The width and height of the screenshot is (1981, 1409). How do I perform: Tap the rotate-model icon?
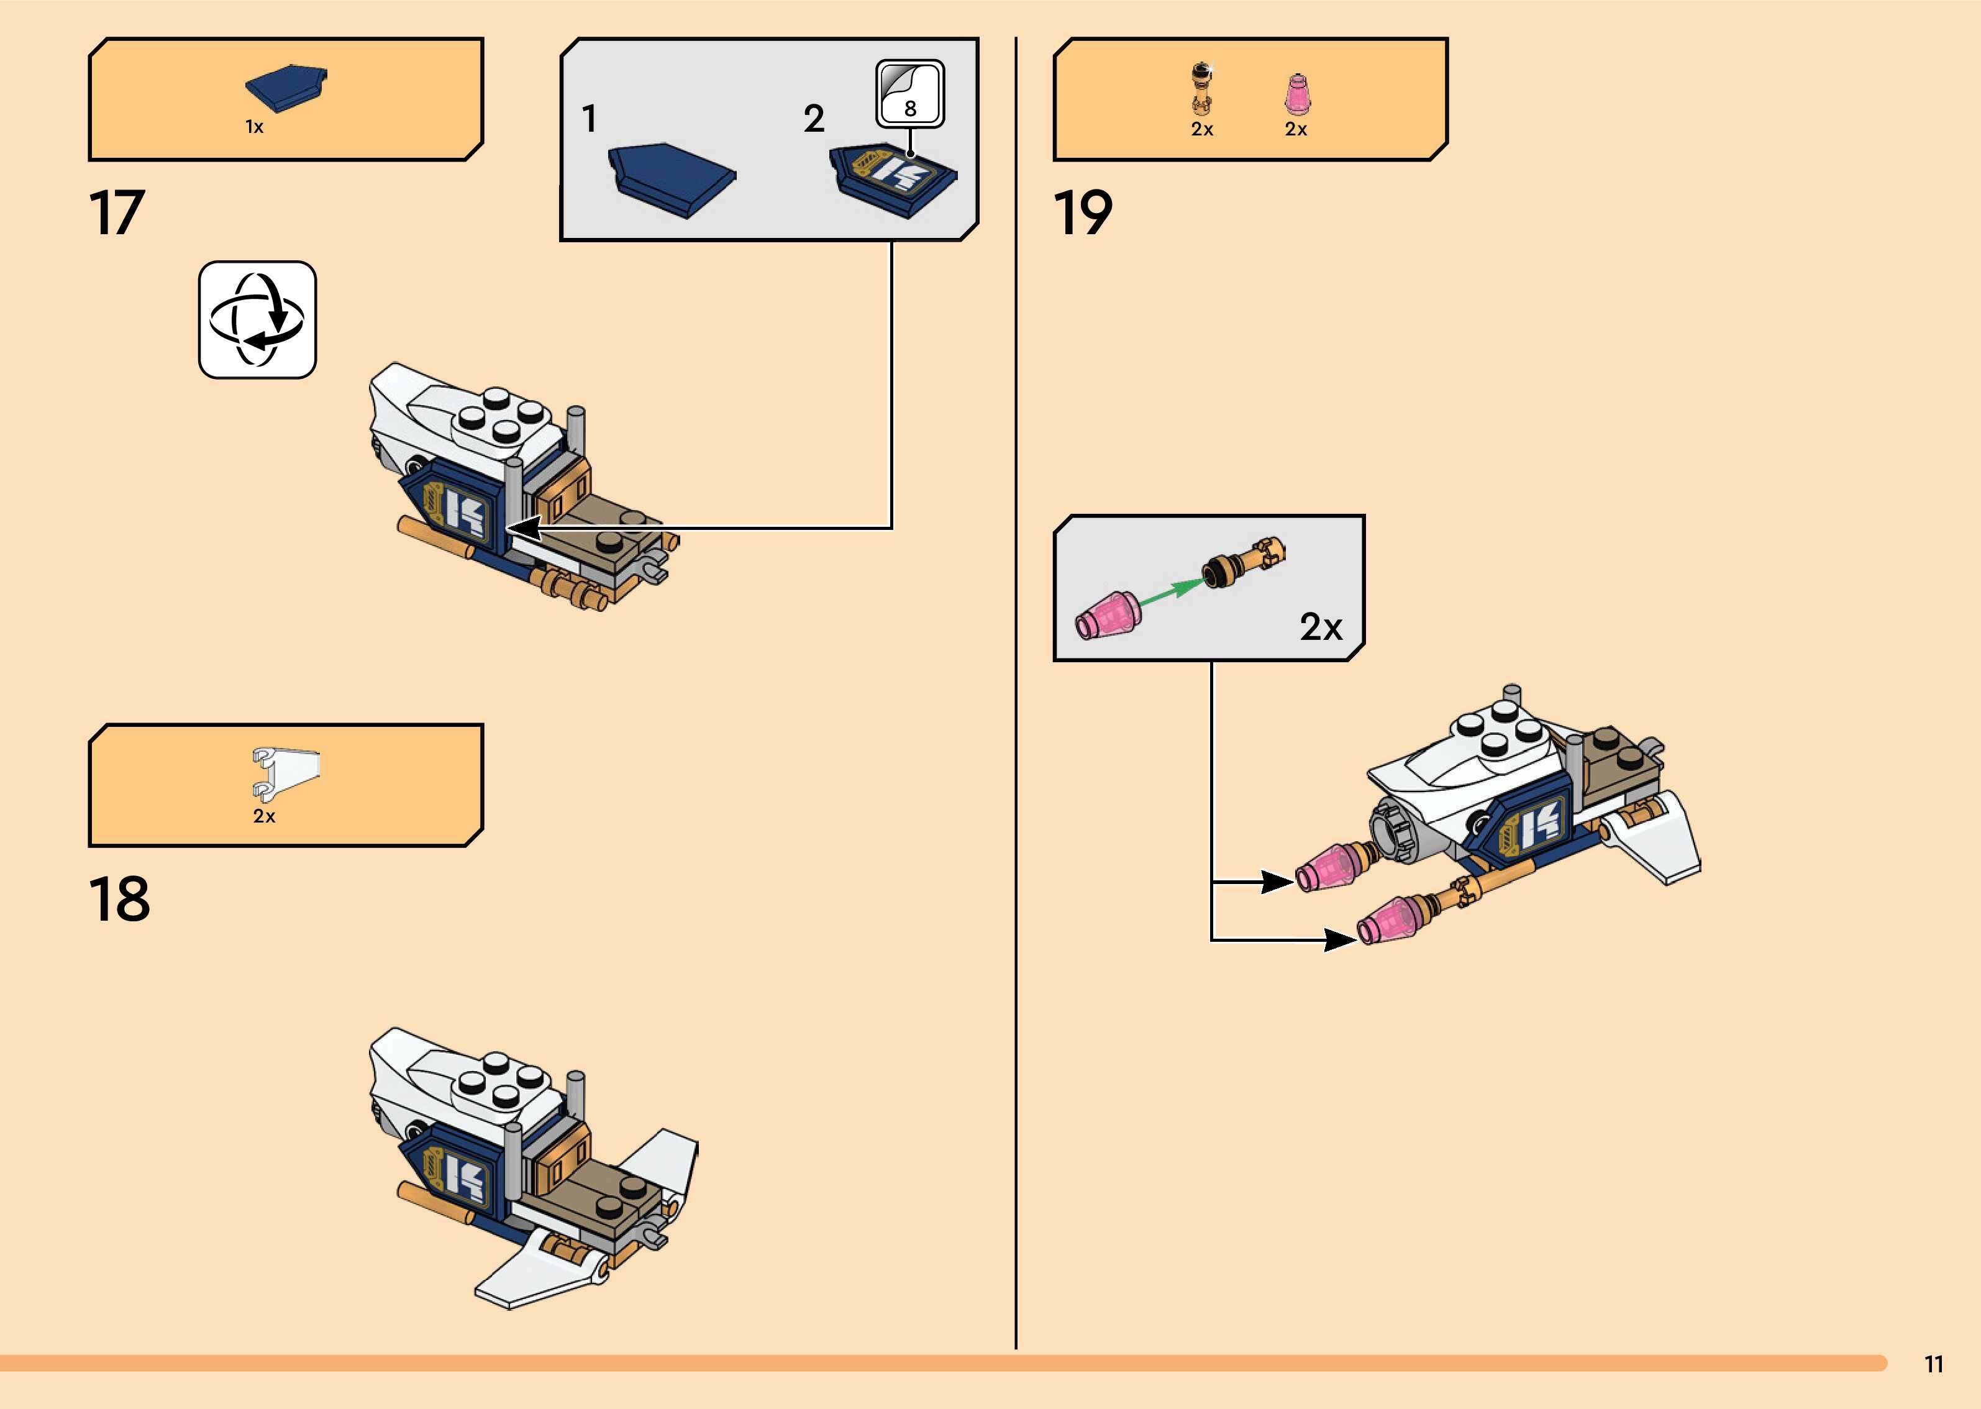pyautogui.click(x=258, y=320)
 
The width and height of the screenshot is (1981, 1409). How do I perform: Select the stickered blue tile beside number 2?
pyautogui.click(x=893, y=178)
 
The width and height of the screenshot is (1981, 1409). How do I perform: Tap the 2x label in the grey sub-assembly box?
pyautogui.click(x=1320, y=626)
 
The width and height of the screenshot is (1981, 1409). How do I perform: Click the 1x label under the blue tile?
pyautogui.click(x=254, y=127)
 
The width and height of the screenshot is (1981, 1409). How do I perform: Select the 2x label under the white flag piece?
pyautogui.click(x=263, y=816)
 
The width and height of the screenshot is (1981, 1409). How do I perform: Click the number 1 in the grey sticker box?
pyautogui.click(x=590, y=119)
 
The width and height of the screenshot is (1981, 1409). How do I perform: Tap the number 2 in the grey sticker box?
pyautogui.click(x=814, y=119)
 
